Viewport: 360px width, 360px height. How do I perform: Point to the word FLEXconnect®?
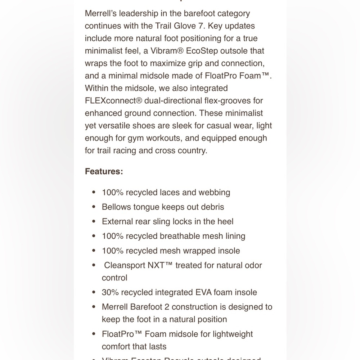click(113, 101)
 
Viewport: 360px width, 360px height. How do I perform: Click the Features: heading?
click(104, 171)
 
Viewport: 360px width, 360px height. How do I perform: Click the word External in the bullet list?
click(117, 221)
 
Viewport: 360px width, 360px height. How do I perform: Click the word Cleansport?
click(125, 265)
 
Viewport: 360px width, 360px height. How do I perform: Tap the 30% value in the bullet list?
click(110, 292)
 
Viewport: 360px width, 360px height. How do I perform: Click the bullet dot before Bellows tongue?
click(94, 207)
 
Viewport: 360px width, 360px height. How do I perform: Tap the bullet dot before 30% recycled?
click(94, 293)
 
